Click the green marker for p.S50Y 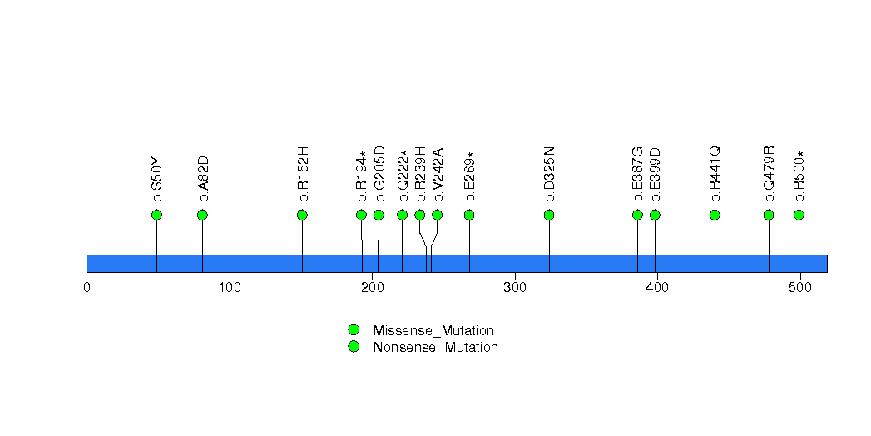(x=156, y=215)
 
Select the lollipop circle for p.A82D (x=202, y=215)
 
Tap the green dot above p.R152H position (x=302, y=215)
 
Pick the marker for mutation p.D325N (x=549, y=215)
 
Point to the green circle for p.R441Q (x=715, y=215)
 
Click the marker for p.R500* (x=799, y=215)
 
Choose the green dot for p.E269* (x=469, y=215)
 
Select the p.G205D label (x=379, y=174)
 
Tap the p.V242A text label (x=438, y=175)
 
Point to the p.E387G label (x=638, y=174)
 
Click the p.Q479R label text (x=769, y=174)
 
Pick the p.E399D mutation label (x=656, y=175)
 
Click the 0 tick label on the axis (x=87, y=288)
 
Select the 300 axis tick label (x=515, y=288)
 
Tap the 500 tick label (x=800, y=288)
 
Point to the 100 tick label (x=230, y=288)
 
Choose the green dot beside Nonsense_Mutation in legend (x=354, y=346)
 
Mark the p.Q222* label (x=403, y=176)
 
